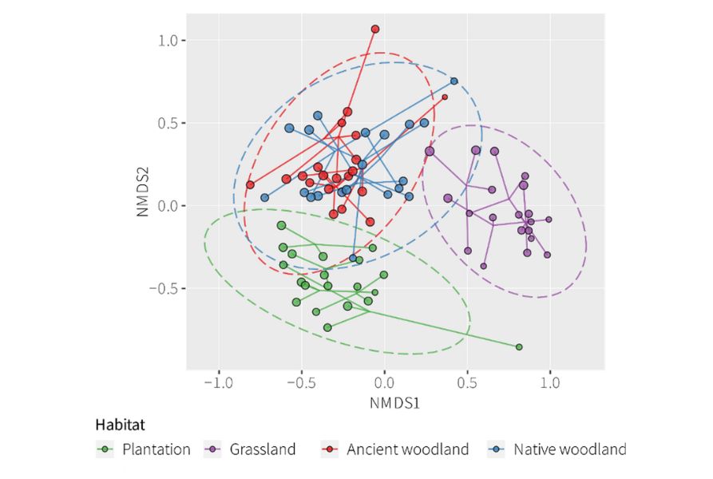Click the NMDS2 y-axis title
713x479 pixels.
point(143,192)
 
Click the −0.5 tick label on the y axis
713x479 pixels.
point(166,288)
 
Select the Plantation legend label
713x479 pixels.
point(156,449)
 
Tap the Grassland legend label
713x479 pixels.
point(263,449)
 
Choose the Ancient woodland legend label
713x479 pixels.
point(407,449)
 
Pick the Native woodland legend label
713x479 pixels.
point(570,449)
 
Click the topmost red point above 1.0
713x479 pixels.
point(375,29)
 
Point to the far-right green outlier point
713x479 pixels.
point(519,347)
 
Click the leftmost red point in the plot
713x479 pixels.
point(250,184)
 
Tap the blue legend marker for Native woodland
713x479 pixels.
point(497,449)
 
